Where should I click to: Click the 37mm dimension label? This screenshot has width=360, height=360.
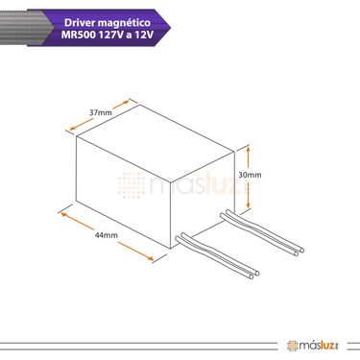click(101, 112)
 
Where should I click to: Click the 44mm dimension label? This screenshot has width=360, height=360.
click(107, 235)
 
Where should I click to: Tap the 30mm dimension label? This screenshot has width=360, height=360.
click(250, 175)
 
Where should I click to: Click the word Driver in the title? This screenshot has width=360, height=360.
click(80, 22)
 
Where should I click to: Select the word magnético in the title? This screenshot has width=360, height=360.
click(124, 23)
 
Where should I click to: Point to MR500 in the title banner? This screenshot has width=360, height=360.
click(79, 35)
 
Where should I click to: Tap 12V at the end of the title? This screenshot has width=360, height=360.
click(144, 35)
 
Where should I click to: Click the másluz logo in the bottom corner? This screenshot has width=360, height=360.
click(313, 346)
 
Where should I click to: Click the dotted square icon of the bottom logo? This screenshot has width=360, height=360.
click(292, 346)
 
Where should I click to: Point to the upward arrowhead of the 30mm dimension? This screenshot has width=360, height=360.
click(248, 149)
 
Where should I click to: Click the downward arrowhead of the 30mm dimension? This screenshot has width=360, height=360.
click(248, 205)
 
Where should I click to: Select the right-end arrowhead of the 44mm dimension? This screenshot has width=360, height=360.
click(151, 258)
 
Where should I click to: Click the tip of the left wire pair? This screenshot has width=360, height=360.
click(254, 276)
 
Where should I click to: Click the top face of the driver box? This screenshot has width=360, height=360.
click(156, 144)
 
